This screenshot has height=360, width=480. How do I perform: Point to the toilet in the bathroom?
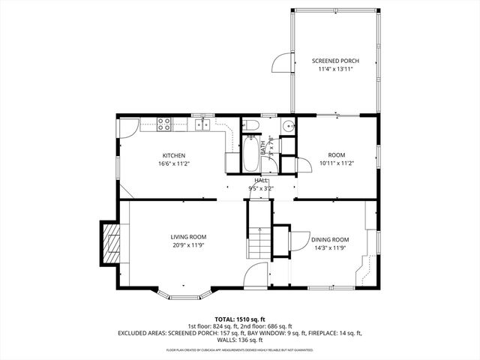click(253, 124)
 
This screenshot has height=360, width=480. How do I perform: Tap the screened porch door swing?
click(280, 63)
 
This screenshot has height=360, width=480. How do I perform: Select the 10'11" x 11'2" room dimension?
click(335, 163)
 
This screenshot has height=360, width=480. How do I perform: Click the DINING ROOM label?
click(330, 239)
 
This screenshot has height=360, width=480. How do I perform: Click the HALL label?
click(261, 181)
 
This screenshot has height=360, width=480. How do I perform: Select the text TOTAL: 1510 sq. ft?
click(240, 319)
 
